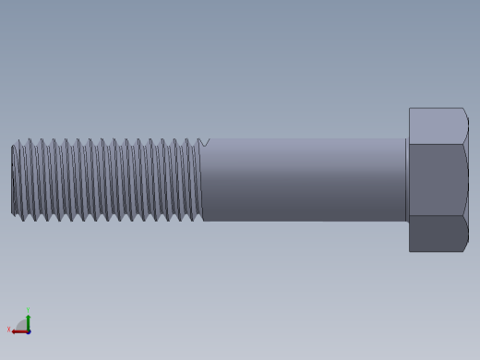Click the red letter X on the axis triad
coord(9,330)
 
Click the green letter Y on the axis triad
coord(28,311)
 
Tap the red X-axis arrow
coord(18,330)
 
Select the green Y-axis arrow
coord(28,321)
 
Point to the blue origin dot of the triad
coord(28,330)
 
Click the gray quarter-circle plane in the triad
coord(22,325)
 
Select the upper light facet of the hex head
coord(437,126)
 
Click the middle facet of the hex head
coord(437,180)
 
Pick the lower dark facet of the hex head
coord(437,234)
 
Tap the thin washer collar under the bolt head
coord(406,180)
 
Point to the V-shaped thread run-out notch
coord(204,142)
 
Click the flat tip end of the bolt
coord(13,180)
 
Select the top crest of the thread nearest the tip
coord(19,141)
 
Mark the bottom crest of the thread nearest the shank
coord(197,220)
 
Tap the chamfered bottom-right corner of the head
coord(465,246)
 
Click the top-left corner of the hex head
coord(410,109)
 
